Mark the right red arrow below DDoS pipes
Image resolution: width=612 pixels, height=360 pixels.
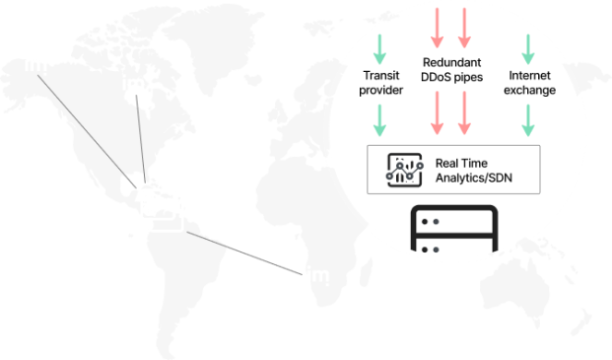point(464,118)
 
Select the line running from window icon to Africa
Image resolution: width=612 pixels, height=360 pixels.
point(246,252)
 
